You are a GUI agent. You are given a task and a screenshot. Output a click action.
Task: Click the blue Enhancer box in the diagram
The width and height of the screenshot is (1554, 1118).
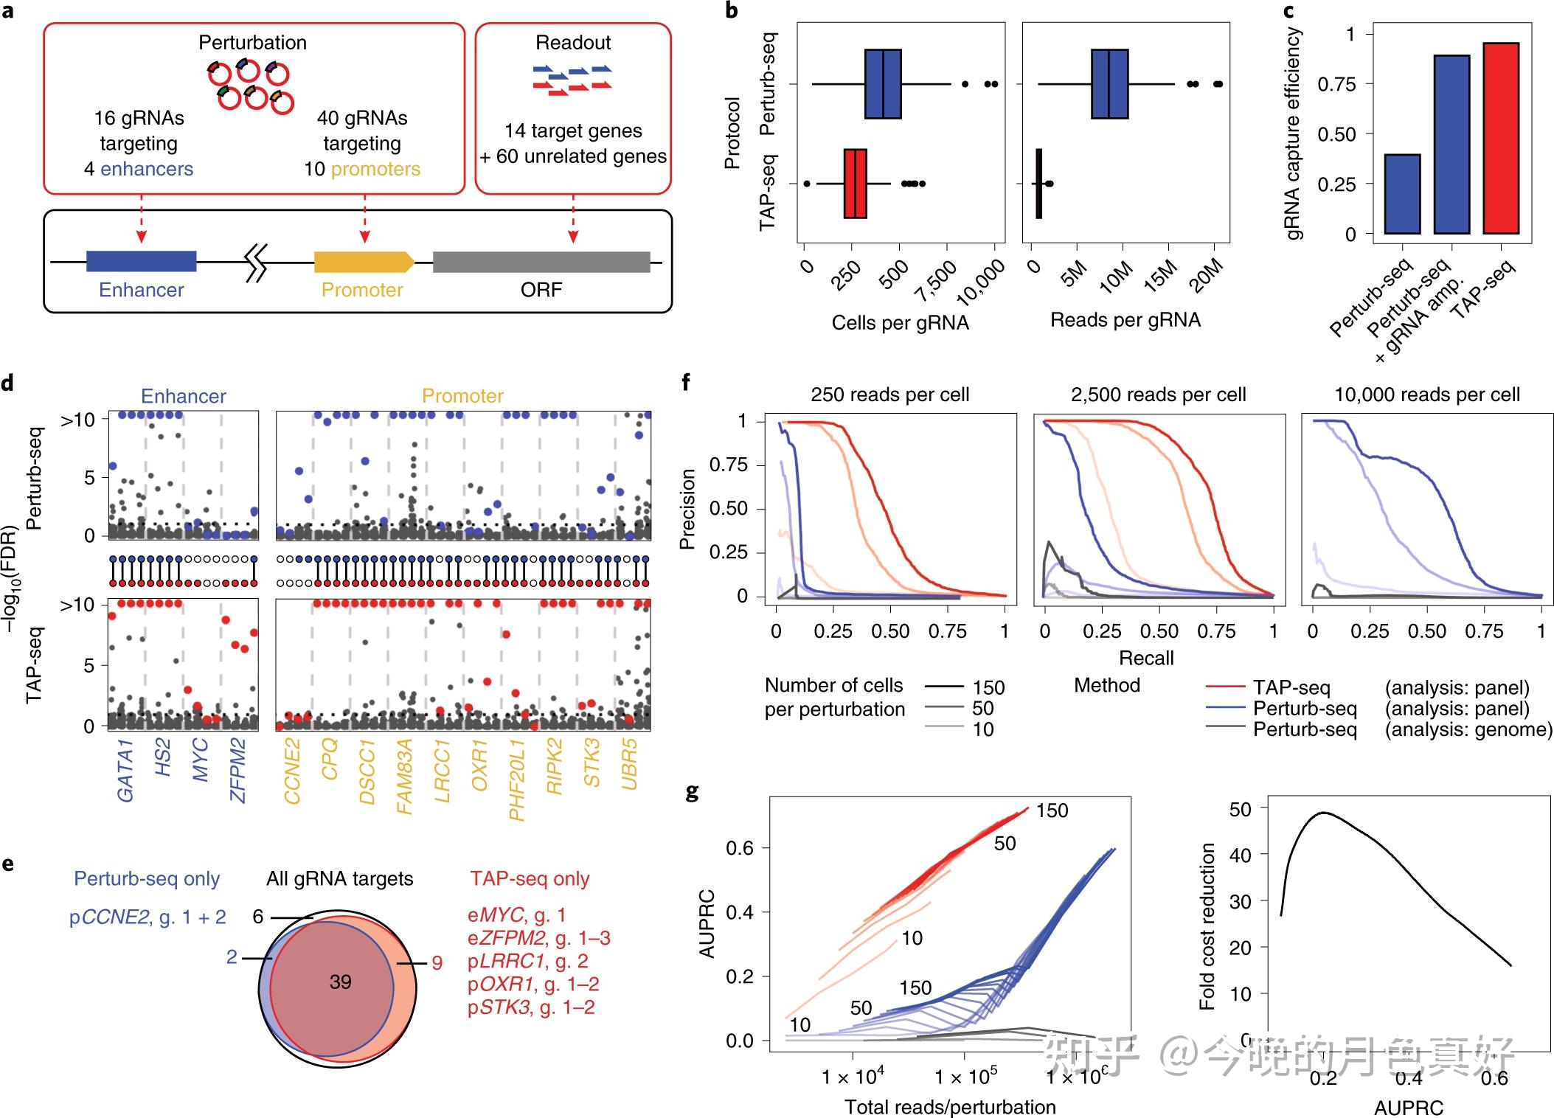pos(141,261)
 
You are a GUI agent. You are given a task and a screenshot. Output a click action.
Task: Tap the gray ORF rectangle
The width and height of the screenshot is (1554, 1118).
pos(541,262)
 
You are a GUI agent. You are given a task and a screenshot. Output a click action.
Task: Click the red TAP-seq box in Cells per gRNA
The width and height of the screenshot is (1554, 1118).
pos(856,184)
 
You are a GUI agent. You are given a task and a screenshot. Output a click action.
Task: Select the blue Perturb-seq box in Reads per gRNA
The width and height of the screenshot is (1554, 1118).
pos(1109,84)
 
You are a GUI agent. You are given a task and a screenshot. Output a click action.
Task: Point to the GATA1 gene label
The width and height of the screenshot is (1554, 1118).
pos(125,774)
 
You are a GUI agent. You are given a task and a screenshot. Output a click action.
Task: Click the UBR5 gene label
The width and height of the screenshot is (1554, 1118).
pos(629,765)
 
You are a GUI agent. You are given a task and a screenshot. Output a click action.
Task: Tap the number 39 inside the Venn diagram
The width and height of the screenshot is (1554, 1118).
pos(340,982)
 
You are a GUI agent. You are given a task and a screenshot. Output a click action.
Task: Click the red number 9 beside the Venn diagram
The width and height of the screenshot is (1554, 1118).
pos(437,963)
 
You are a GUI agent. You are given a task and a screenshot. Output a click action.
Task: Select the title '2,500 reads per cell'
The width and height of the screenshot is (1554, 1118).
pos(1158,395)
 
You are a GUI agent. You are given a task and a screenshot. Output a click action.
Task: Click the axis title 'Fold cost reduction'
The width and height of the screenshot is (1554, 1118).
pos(1207,926)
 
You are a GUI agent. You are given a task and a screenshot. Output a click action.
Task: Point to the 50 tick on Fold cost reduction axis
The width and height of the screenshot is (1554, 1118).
pos(1240,809)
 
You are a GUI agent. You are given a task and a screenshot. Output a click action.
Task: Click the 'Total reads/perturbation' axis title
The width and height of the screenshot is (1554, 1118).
pos(950,1106)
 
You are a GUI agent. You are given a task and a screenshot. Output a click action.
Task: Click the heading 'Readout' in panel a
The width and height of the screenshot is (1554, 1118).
pos(573,43)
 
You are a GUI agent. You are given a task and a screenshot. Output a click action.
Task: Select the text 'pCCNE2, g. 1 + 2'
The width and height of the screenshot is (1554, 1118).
pos(148,917)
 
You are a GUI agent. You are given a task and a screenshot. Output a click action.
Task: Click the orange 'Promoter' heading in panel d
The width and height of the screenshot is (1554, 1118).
pos(462,396)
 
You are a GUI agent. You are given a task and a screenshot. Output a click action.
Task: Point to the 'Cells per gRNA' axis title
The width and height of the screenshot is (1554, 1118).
pos(900,323)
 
